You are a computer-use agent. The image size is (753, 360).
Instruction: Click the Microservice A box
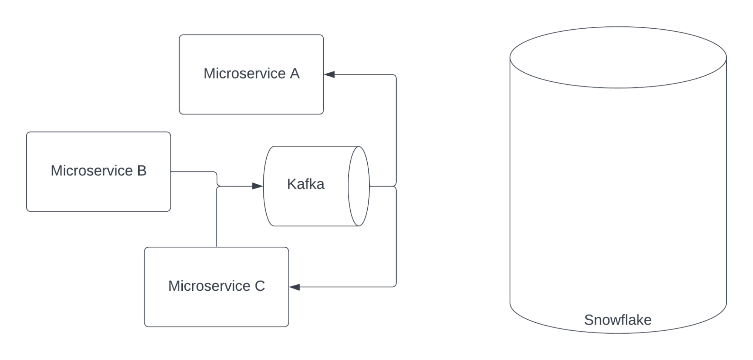coord(251,94)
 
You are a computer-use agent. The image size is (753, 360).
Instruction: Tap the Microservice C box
coord(216,307)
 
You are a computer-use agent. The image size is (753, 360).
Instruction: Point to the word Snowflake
coord(617,320)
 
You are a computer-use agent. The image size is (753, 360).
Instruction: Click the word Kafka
coord(305,184)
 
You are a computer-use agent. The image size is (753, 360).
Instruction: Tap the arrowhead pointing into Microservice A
coord(330,75)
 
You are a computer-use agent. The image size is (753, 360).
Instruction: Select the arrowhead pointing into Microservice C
coord(295,287)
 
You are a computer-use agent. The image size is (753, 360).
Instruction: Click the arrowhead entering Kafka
coord(257,186)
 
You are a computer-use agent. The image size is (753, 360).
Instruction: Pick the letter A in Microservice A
coord(295,73)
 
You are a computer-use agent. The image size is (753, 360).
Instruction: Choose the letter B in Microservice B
coord(142,171)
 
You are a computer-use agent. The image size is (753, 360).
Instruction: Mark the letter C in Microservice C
coord(260,286)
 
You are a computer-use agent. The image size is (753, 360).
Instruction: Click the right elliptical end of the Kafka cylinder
coord(359,186)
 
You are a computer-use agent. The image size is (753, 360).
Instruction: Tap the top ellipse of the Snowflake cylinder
coord(618,57)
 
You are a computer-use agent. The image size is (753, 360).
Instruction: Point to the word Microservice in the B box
coord(92,171)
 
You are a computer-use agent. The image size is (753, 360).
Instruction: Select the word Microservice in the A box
coord(244,73)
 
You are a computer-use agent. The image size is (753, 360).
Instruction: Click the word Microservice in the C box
coord(209,286)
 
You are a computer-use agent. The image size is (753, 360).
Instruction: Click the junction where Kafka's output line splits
coord(396,186)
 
